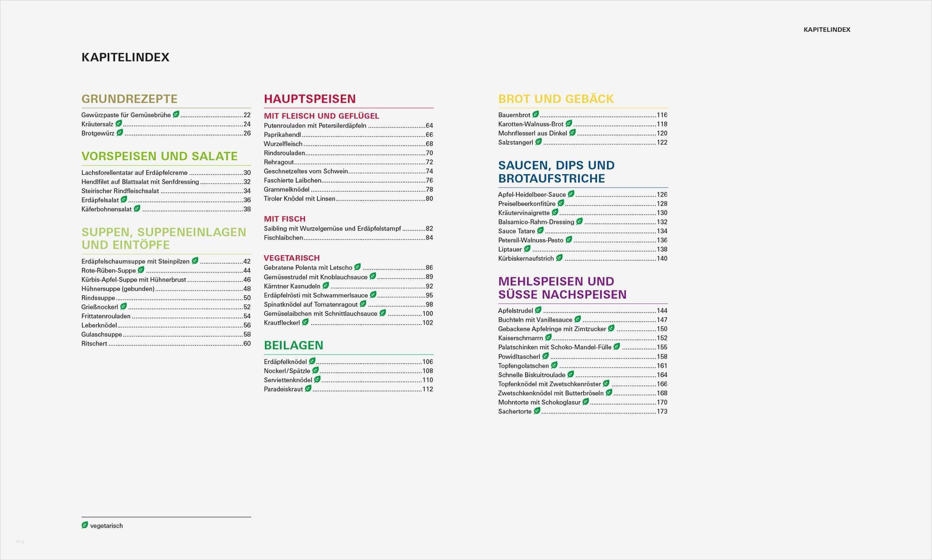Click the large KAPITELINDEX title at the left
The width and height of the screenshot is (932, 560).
click(125, 57)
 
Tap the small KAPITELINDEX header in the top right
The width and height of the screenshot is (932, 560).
click(827, 29)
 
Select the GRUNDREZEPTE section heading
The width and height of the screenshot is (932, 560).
click(129, 99)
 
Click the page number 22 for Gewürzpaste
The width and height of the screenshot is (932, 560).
click(247, 115)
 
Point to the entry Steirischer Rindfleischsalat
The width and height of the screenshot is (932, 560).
click(120, 191)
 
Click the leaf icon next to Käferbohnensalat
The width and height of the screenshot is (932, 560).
click(137, 208)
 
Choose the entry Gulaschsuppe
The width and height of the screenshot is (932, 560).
click(102, 334)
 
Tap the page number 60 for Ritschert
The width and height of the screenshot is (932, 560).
click(247, 344)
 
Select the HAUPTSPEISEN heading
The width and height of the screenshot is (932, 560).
click(310, 99)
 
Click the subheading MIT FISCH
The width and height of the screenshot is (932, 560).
click(285, 219)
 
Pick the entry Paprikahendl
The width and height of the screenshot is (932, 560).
click(282, 135)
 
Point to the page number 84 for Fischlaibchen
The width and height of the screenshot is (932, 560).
click(429, 238)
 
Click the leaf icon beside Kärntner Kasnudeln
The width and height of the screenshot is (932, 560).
click(326, 286)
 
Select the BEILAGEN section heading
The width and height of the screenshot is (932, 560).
click(293, 345)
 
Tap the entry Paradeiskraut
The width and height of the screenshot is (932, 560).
click(283, 389)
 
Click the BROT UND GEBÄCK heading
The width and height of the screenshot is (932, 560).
click(556, 99)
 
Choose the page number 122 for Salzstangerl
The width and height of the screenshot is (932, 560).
click(662, 143)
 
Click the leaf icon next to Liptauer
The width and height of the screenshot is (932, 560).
click(527, 249)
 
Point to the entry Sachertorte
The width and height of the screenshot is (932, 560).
click(515, 412)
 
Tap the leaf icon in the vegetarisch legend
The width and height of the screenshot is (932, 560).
click(85, 525)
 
